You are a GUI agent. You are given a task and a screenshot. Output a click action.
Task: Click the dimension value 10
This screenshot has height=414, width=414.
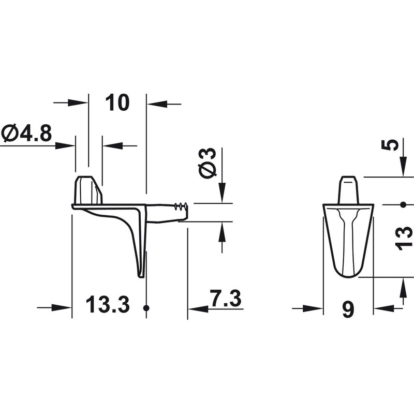[x=117, y=103]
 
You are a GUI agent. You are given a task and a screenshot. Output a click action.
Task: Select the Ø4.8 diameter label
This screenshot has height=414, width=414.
[x=27, y=134]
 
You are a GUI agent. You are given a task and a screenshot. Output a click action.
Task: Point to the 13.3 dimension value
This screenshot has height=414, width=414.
[x=107, y=305]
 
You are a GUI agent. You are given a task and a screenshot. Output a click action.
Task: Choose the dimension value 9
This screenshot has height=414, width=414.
[x=348, y=309]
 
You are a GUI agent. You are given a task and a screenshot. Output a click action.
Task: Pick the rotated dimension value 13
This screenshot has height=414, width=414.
[x=404, y=238]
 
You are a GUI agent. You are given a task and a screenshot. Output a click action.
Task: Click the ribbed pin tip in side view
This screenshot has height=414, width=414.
[x=180, y=208]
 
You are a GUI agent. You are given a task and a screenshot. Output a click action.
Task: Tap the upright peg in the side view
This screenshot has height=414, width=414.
[x=88, y=190]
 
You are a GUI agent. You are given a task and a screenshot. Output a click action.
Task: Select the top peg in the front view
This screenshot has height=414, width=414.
[x=348, y=190]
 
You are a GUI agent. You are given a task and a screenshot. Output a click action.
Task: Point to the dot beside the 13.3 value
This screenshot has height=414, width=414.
[x=146, y=308]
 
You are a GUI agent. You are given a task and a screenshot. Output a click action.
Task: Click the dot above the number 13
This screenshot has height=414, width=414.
[x=403, y=205]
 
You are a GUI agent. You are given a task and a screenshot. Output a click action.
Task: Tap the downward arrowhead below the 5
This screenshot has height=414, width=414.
[x=403, y=169]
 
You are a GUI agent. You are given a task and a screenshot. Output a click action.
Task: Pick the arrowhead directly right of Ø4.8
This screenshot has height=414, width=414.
[x=66, y=145]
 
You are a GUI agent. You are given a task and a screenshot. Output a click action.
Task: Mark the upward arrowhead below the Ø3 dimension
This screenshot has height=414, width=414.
[x=222, y=233]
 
